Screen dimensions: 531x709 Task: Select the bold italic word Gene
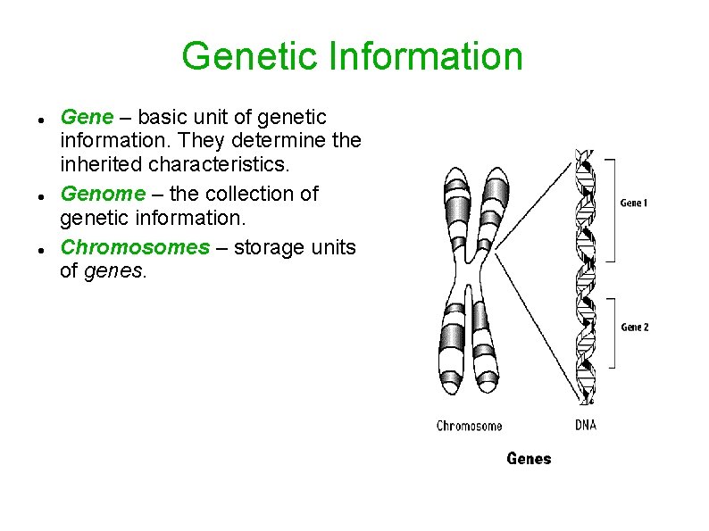[x=86, y=117]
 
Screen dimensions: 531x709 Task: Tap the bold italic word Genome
[x=102, y=194]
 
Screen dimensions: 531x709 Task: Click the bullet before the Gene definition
[x=43, y=119]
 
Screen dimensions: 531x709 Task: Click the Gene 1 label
[x=634, y=203]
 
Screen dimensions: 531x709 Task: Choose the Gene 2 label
[x=634, y=327]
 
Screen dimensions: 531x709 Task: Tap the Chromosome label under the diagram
[x=469, y=426]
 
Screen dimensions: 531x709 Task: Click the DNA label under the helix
[x=585, y=425]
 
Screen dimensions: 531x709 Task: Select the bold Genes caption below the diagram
[x=529, y=458]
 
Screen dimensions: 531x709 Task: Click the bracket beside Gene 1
[x=612, y=210]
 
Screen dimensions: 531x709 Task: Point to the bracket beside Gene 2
[x=612, y=333]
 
